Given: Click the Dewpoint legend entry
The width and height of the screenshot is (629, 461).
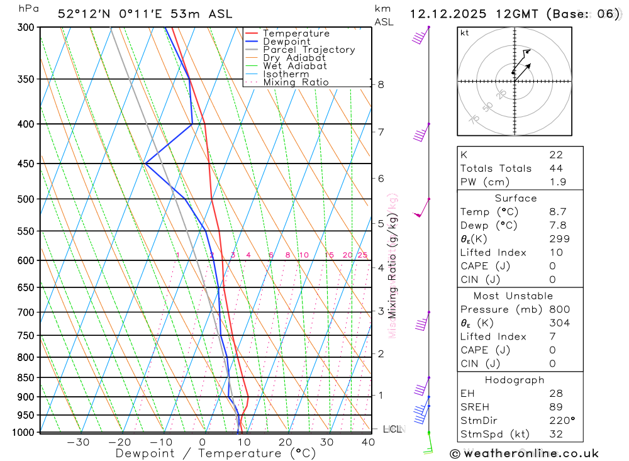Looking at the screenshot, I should (x=286, y=42).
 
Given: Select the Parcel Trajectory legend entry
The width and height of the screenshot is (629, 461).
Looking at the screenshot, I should (x=308, y=50).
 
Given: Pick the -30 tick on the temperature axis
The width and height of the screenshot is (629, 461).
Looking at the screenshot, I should (x=78, y=442).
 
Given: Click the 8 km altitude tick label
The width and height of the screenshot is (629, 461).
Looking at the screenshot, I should (x=381, y=84).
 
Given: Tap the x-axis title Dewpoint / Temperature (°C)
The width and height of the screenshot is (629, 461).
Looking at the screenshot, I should (x=206, y=453).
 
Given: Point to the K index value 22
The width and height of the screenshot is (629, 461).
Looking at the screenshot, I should (x=555, y=155).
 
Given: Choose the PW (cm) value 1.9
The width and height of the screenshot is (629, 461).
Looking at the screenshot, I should (x=557, y=182).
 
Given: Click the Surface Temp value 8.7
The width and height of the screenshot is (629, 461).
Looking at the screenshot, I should (x=557, y=212).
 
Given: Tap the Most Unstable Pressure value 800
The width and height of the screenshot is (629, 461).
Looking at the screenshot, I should (x=559, y=309).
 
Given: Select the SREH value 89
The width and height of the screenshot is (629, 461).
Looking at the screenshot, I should (x=555, y=407).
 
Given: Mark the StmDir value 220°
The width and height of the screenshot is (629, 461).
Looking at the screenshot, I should (x=561, y=421).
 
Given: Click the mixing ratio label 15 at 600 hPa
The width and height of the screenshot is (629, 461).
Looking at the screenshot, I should (x=329, y=255).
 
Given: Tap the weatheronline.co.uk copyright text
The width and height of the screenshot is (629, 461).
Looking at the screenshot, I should (x=524, y=453).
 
